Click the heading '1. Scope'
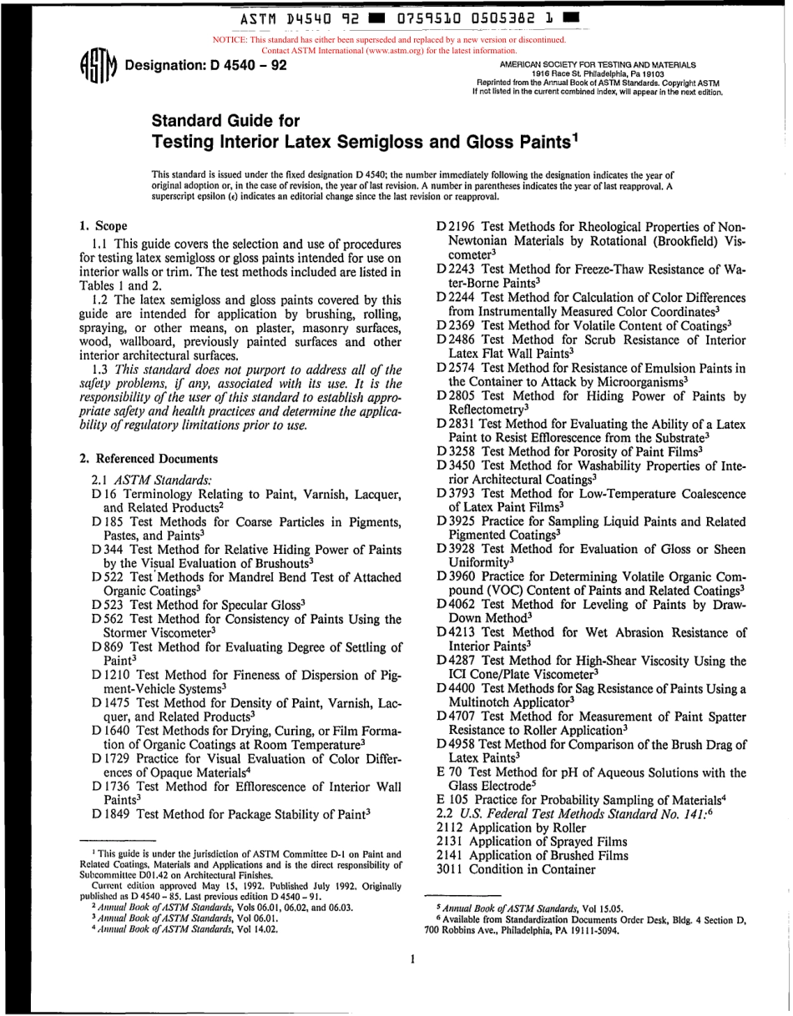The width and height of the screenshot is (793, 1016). (x=103, y=226)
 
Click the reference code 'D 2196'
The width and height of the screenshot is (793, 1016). (x=456, y=226)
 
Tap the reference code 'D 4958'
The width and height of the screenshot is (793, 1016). (x=456, y=743)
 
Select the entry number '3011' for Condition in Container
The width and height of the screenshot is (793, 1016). (x=451, y=869)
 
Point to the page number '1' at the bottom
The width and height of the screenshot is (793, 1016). (x=412, y=958)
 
